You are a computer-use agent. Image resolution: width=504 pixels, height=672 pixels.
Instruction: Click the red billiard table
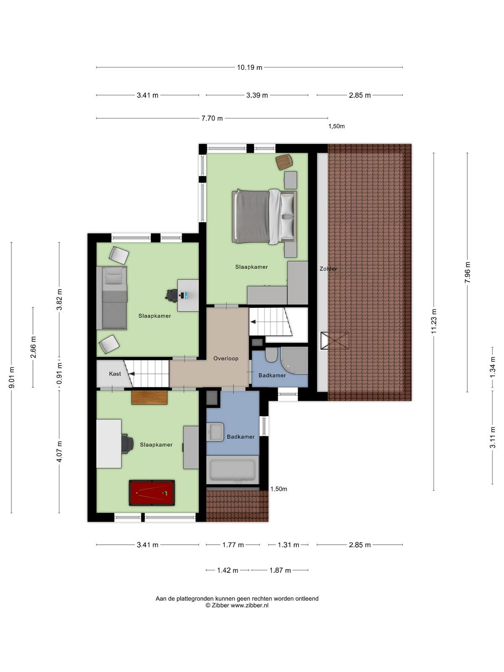click(x=152, y=493)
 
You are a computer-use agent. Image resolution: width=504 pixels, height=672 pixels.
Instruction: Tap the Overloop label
click(x=226, y=358)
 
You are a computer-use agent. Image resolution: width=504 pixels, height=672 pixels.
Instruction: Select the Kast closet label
click(x=115, y=374)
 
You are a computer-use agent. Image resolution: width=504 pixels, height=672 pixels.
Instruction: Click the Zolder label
click(x=328, y=269)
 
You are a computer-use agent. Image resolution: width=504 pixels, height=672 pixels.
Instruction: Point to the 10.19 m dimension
click(x=249, y=67)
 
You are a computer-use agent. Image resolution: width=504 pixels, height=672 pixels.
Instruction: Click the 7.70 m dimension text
click(x=212, y=118)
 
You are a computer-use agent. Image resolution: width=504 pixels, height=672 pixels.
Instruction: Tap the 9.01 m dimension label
click(x=12, y=377)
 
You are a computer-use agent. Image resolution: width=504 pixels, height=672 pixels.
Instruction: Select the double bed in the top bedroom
click(x=265, y=217)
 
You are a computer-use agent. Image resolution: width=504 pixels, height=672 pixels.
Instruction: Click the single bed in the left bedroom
click(x=112, y=298)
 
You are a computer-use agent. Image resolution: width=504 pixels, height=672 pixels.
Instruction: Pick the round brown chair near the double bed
click(x=284, y=162)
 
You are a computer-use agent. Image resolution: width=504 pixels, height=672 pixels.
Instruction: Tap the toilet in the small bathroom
click(x=271, y=355)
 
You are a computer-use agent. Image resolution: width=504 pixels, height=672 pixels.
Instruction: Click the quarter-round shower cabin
click(x=294, y=361)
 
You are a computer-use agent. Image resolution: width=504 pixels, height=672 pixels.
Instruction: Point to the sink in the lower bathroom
click(x=215, y=432)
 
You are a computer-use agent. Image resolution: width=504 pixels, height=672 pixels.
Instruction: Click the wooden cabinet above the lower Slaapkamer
click(x=150, y=397)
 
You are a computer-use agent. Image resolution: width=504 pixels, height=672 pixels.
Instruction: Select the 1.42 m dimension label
click(x=228, y=570)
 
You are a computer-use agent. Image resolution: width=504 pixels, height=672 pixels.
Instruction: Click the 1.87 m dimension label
click(x=280, y=570)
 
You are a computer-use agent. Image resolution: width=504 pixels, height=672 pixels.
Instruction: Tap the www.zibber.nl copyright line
click(x=237, y=605)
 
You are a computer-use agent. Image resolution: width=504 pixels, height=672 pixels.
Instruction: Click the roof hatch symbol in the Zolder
click(x=334, y=341)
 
